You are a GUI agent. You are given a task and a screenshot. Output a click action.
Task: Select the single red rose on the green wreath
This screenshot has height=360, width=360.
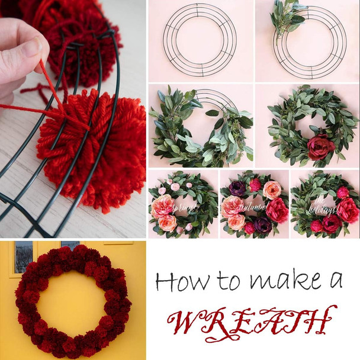point(320,147)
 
